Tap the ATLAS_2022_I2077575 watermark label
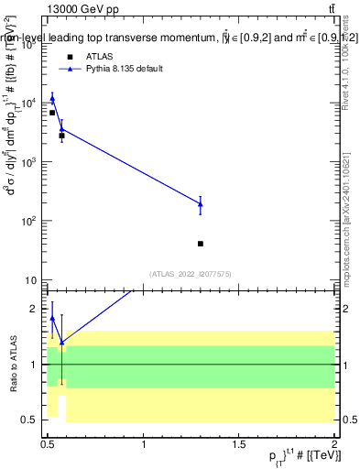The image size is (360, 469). pyautogui.click(x=191, y=274)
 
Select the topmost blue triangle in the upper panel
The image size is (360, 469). pyautogui.click(x=52, y=98)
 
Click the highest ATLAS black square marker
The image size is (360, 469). pyautogui.click(x=52, y=113)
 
